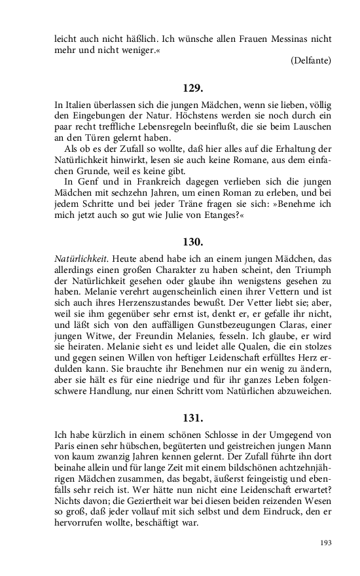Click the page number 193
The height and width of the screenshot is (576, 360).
(325, 543)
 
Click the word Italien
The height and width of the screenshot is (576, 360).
(78, 105)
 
